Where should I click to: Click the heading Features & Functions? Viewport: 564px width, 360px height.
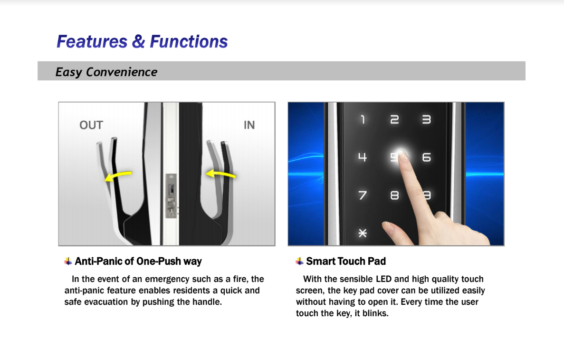point(142,41)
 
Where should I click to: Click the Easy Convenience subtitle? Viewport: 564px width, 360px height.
point(106,72)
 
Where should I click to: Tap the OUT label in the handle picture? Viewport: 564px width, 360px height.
point(91,125)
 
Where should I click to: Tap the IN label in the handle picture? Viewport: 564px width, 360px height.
point(249,125)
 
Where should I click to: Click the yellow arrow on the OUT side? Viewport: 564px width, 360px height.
point(118,175)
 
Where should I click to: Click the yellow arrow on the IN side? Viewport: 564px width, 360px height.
point(221,174)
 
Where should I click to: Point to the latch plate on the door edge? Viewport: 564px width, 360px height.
point(171,195)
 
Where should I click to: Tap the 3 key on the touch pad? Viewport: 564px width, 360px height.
point(426,119)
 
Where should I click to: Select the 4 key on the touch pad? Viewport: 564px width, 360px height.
point(362,157)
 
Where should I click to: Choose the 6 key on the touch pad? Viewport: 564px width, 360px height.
point(426,157)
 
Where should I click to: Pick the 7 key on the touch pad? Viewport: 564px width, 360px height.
point(363,195)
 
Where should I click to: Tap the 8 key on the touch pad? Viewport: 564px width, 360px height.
point(394,195)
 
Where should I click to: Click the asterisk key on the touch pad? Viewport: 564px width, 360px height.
point(363,234)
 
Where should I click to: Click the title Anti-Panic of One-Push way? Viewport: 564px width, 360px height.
point(138,262)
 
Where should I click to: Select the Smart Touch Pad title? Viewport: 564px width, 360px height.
point(345,262)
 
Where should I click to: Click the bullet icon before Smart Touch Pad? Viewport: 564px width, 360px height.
point(299,262)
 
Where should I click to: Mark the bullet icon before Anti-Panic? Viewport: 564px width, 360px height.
point(68,262)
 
